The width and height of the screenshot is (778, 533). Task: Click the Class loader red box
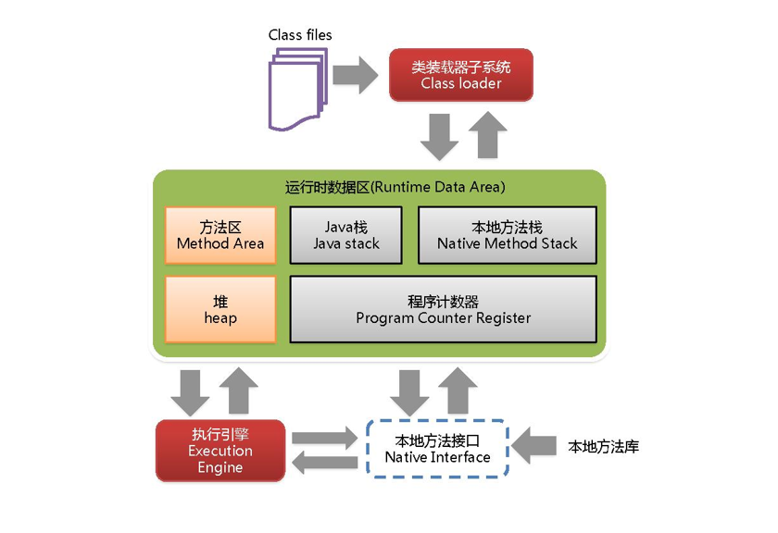tap(460, 75)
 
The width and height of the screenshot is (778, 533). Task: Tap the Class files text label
tap(300, 35)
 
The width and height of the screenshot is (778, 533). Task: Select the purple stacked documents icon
tap(297, 89)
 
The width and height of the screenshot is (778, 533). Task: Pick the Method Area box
tap(220, 235)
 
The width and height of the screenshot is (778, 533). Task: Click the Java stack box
tap(346, 235)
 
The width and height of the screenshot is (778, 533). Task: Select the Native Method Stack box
tap(507, 235)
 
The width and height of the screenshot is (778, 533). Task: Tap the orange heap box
tap(220, 309)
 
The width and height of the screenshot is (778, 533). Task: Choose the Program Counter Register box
tap(443, 309)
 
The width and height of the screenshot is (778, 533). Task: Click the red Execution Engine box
tap(220, 451)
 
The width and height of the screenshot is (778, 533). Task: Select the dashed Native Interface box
tap(437, 448)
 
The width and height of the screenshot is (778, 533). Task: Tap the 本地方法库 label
tap(603, 447)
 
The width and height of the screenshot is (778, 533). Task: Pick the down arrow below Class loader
tap(439, 136)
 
